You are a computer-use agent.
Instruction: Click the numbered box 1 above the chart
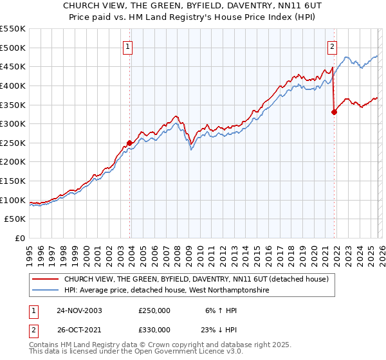(129, 46)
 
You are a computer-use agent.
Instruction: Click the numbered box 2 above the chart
(333, 46)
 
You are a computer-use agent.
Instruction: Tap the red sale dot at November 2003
(130, 143)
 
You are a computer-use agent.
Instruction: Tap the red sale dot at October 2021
(334, 112)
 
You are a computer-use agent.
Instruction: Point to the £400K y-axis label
(13, 85)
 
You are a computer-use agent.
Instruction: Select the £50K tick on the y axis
(15, 219)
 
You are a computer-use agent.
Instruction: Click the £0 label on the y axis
(20, 239)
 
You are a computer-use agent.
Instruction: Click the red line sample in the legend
(45, 279)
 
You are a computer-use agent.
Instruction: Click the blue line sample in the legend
(45, 291)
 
